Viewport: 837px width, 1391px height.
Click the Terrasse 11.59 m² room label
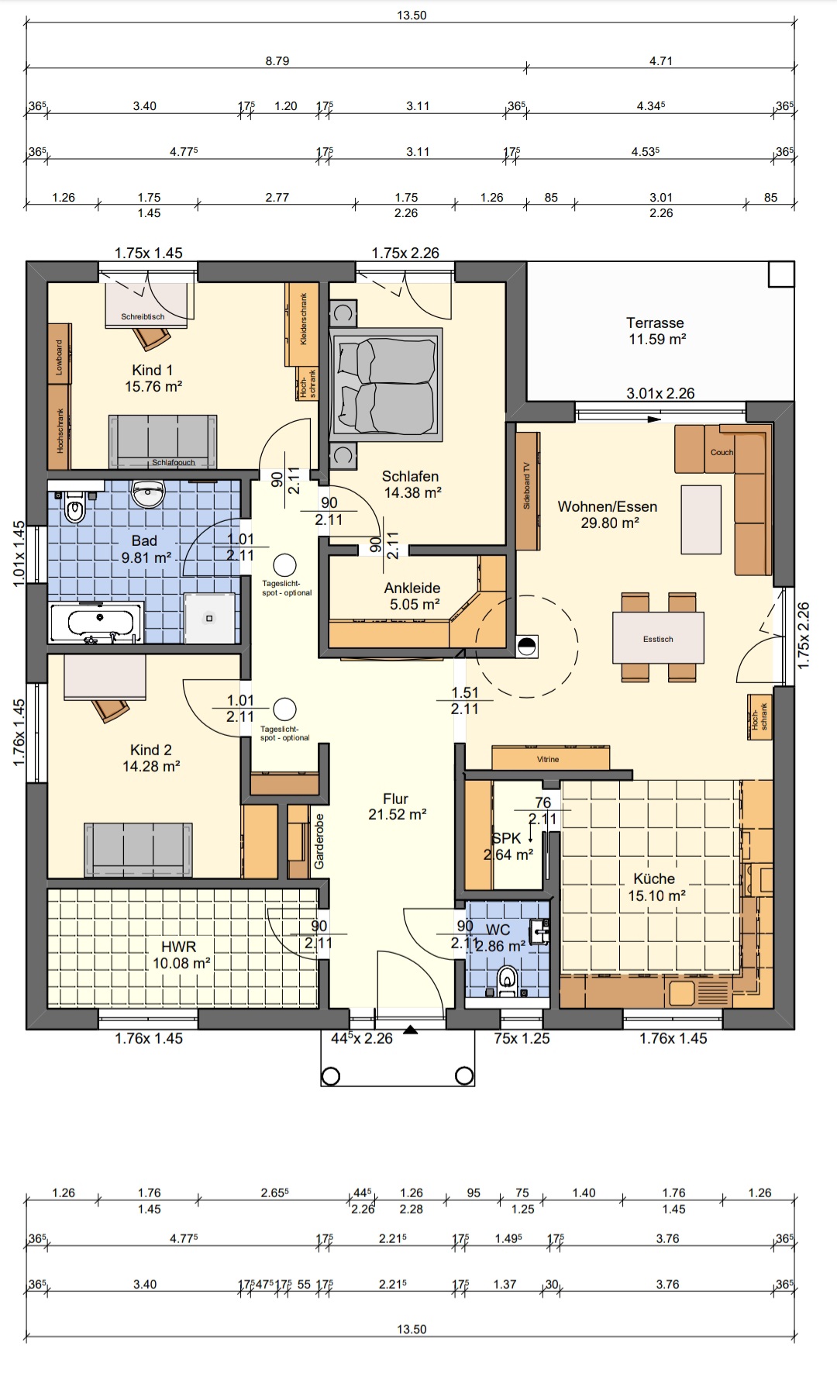point(656,331)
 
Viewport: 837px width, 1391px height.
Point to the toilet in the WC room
point(508,980)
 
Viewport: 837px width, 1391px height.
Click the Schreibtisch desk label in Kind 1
point(143,316)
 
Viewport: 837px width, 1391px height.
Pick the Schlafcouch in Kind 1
point(163,441)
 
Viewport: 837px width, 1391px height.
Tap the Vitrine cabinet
point(550,758)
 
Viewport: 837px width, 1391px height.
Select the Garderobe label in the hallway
point(319,841)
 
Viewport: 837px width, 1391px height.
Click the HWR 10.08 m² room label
point(181,954)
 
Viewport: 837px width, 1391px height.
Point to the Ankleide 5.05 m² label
point(412,596)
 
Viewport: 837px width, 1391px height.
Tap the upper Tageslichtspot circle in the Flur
point(284,565)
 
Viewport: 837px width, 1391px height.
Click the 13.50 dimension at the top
point(412,15)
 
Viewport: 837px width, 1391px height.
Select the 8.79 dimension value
point(277,60)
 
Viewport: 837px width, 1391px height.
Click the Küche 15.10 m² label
point(655,887)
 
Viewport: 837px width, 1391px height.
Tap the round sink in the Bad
point(148,492)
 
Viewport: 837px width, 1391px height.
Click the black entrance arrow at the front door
point(411,1030)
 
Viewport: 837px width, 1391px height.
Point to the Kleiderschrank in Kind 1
point(302,324)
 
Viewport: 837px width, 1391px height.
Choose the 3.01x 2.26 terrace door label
point(660,393)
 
